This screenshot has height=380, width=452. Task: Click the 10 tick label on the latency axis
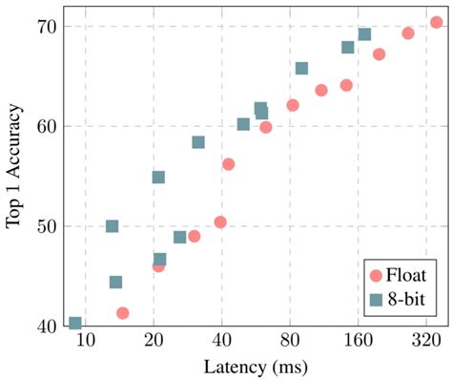point(86,342)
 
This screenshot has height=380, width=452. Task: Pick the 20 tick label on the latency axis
point(154,342)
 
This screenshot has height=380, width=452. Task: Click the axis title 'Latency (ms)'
point(255,366)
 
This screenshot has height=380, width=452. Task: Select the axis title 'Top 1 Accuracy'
point(14,177)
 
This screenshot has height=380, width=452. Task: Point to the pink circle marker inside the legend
point(376,275)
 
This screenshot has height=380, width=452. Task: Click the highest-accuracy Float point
point(436,22)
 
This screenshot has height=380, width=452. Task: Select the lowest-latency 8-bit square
point(75,324)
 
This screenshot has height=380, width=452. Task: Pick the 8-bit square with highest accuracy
point(364,34)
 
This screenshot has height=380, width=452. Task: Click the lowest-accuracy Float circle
point(122,313)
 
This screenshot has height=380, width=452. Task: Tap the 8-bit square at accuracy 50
point(112,226)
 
